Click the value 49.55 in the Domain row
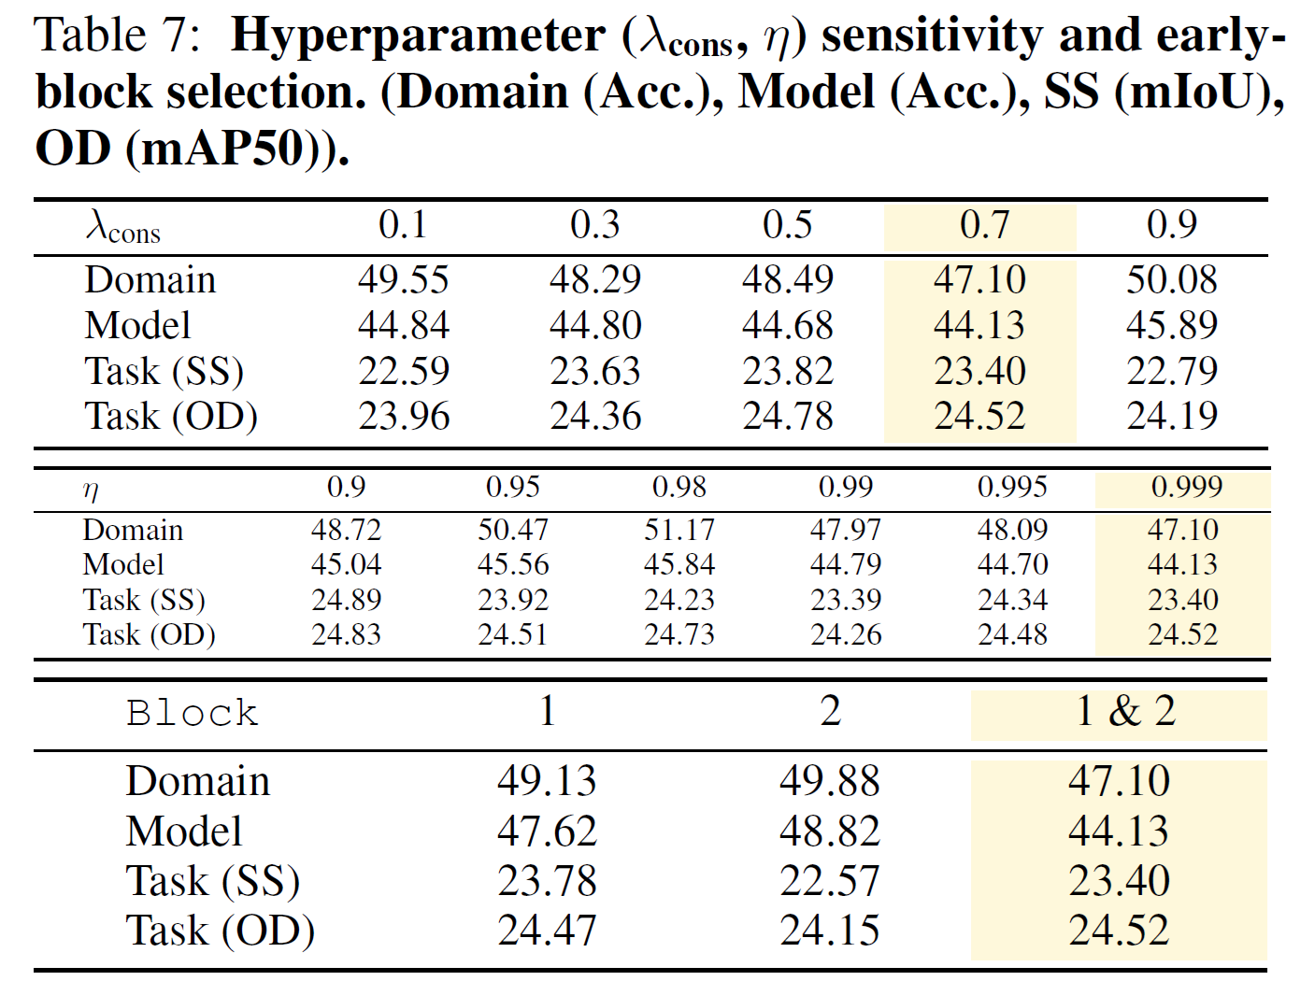coord(403,279)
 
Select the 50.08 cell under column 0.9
coord(1171,279)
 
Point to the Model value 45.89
coord(1171,325)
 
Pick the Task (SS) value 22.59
coord(403,371)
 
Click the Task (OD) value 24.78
coord(787,416)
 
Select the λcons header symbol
coord(122,227)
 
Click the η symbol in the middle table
coord(91,490)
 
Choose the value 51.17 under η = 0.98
coord(679,530)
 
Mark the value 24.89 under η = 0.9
coord(346,600)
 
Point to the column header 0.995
coord(1012,487)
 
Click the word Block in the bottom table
coord(192,713)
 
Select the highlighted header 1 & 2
coord(1125,711)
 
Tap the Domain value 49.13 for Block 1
coord(546,781)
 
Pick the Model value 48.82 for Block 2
coord(829,831)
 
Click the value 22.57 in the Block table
coord(829,881)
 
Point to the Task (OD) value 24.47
coord(546,931)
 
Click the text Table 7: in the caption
coord(118,36)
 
